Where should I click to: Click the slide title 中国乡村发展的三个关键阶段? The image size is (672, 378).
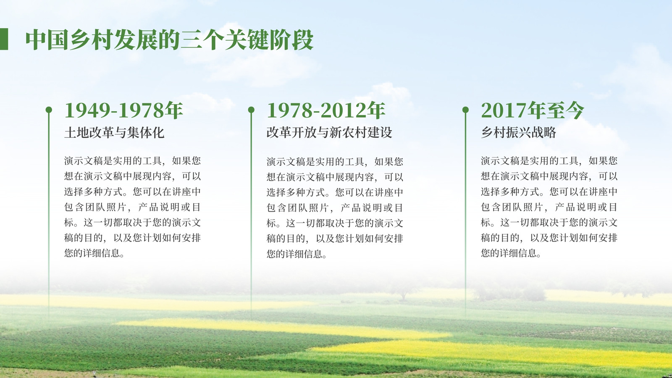170,39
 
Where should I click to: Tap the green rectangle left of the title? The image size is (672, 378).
4,39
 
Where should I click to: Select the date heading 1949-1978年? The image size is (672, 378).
123,110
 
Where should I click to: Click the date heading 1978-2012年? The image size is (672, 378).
326,110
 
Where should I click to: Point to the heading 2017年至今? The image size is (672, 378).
533,110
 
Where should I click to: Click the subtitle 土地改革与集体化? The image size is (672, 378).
114,132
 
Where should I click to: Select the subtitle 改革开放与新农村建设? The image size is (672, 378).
329,132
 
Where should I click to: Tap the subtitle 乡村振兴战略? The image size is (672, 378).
519,132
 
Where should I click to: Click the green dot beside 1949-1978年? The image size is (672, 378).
49,110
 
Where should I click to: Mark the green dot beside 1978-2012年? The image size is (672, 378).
252,110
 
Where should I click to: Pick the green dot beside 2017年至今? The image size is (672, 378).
466,110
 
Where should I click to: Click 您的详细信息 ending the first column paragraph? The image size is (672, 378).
92,253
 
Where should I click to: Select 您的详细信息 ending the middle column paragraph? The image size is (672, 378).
294,254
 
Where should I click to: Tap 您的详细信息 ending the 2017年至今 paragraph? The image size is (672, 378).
509,253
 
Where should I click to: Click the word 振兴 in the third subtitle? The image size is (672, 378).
519,132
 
